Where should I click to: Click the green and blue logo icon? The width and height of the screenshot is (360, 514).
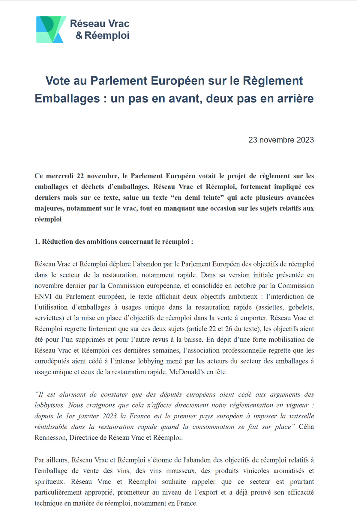pos(51,29)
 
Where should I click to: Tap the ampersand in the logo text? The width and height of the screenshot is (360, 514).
pos(79,35)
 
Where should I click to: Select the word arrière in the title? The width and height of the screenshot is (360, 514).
pos(295,98)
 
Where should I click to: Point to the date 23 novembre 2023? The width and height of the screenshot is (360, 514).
pos(281,140)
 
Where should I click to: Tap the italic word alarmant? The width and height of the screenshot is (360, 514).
pos(72,394)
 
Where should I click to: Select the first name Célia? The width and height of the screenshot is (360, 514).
pos(306,427)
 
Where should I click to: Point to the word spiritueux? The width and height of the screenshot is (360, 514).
pos(49,481)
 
